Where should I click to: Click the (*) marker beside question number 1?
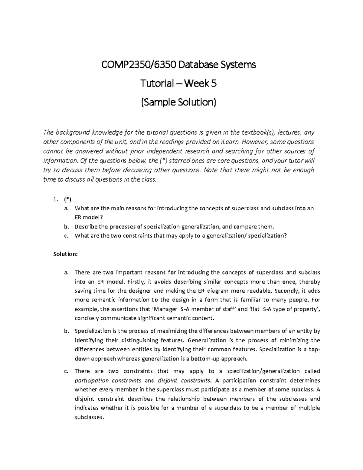(67, 199)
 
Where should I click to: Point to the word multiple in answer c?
(309, 408)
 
